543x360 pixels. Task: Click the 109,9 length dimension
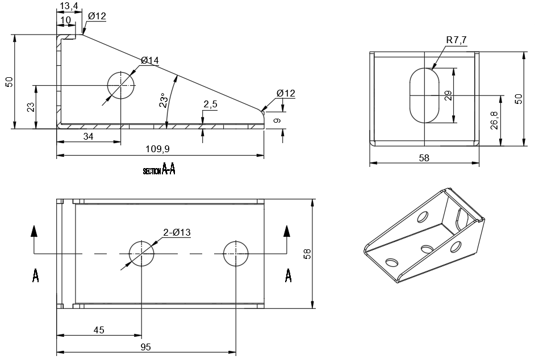coord(157,149)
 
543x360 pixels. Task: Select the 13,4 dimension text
coord(69,6)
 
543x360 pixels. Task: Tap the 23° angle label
coord(164,101)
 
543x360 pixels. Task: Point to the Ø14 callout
coord(150,61)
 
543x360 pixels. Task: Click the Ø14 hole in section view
coord(120,85)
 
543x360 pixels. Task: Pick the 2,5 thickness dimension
coord(210,104)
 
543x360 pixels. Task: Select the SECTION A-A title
coord(159,169)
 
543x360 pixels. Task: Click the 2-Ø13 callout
coord(177,232)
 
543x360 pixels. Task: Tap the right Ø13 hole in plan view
coord(236,254)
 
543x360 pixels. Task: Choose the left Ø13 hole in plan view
coord(141,254)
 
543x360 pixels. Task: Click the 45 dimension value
coord(99,330)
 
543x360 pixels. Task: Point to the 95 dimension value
coord(146,347)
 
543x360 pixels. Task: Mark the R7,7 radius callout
coord(457,40)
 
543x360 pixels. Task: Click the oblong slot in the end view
coord(424,95)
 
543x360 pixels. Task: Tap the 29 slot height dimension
coord(448,95)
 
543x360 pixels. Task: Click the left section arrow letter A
coord(35,275)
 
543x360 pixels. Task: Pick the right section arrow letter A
coord(288,275)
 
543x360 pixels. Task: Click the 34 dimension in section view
coord(88,137)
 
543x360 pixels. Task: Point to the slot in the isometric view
coord(461,220)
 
